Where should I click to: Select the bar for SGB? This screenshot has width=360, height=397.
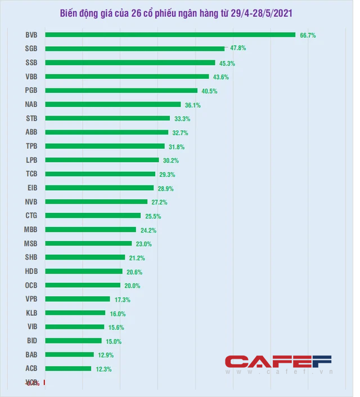134,49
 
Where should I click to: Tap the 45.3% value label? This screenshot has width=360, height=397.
228,63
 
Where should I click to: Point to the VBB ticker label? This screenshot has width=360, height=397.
31,77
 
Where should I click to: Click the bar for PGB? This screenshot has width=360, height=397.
121,91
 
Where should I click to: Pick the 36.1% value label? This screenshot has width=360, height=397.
193,105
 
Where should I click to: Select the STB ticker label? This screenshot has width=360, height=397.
31,118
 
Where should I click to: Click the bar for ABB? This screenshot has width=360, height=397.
106,132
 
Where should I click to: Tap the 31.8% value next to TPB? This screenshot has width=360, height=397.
177,146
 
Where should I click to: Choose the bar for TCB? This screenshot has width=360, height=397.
100,174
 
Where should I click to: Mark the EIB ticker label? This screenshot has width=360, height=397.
32,188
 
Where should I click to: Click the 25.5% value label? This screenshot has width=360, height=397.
153,216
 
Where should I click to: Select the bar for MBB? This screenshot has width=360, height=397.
90,230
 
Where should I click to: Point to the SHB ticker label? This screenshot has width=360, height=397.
31,257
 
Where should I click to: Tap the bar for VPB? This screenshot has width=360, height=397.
78,299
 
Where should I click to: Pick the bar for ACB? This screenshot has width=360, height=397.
68,369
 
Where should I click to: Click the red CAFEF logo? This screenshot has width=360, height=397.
278,361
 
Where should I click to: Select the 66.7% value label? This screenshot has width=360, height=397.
308,35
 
